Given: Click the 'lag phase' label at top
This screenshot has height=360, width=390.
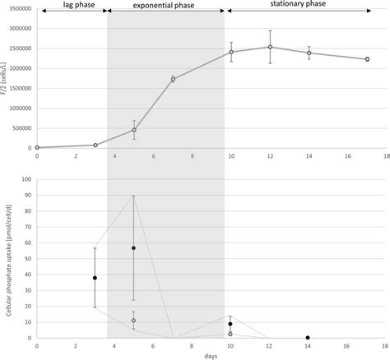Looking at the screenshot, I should pyautogui.click(x=72, y=7).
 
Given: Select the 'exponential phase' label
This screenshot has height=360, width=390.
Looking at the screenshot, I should pyautogui.click(x=165, y=7).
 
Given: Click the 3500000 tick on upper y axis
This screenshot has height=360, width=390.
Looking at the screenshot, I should pyautogui.click(x=18, y=9).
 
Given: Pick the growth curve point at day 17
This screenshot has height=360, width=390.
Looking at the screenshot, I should pyautogui.click(x=367, y=59).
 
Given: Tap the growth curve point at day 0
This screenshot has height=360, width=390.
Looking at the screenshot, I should pyautogui.click(x=37, y=147).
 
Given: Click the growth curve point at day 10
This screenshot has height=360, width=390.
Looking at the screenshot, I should pyautogui.click(x=231, y=52).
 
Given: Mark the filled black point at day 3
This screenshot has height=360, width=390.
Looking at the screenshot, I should pyautogui.click(x=95, y=278).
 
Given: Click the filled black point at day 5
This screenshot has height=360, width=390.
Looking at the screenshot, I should pyautogui.click(x=134, y=248).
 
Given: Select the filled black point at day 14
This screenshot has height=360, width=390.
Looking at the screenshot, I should pyautogui.click(x=309, y=337).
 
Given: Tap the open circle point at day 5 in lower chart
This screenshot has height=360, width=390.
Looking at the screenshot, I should pyautogui.click(x=134, y=321).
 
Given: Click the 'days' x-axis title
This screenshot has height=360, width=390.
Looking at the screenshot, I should pyautogui.click(x=212, y=355).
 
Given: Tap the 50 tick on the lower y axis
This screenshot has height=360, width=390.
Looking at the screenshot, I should pyautogui.click(x=28, y=259).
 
